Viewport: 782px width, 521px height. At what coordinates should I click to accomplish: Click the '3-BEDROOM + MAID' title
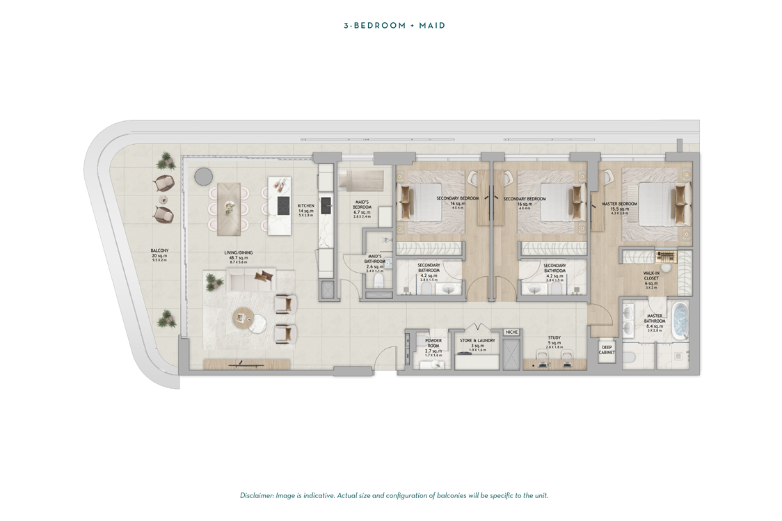(394, 26)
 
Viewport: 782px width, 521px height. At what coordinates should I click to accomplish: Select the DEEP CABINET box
(607, 350)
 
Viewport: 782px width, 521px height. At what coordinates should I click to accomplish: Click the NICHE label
(512, 332)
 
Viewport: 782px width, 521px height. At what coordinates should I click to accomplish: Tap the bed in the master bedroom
(654, 205)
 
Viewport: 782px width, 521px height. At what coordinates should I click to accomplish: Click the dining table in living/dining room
(229, 209)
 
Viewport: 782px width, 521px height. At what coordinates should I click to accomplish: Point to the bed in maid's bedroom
(360, 181)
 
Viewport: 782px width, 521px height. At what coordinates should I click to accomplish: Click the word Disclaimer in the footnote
(256, 495)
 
